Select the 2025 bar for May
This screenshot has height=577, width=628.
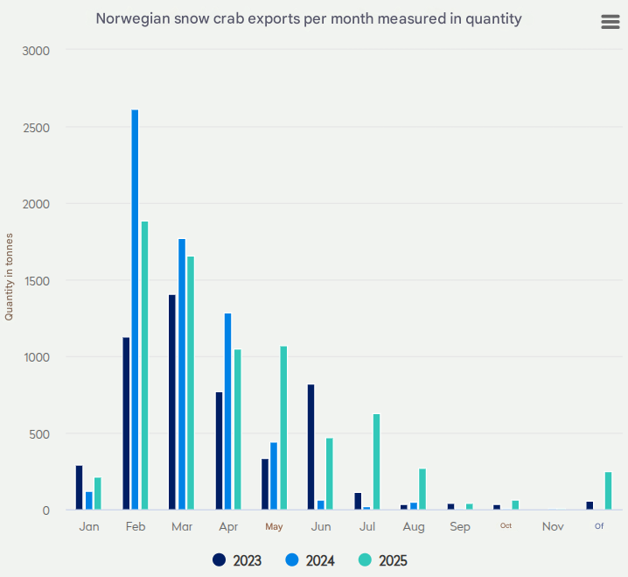point(283,428)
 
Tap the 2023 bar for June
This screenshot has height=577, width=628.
point(311,447)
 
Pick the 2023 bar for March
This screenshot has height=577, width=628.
point(172,403)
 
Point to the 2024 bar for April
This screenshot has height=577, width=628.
point(228,412)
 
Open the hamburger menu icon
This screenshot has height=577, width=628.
point(611,22)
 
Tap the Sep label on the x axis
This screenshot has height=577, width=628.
point(460,527)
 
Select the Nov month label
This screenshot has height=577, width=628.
point(553,527)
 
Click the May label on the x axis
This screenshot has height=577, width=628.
point(275,527)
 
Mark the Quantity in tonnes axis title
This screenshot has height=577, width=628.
point(10,277)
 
